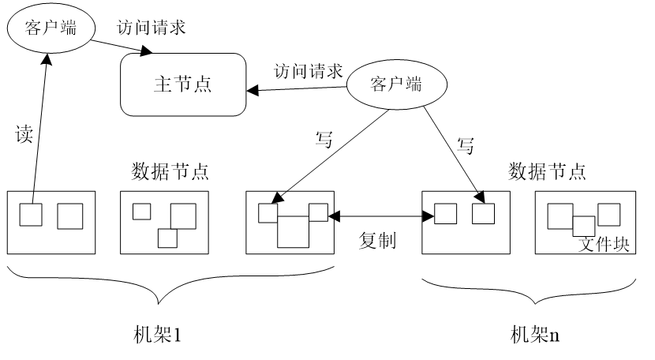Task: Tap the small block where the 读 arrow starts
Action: click(x=31, y=214)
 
